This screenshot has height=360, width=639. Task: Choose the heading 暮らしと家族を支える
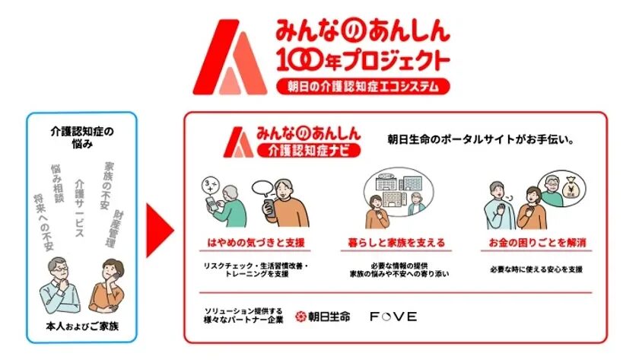coord(393,244)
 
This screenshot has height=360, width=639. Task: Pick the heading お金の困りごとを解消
coord(537,244)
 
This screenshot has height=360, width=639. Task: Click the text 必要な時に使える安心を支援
coord(537,269)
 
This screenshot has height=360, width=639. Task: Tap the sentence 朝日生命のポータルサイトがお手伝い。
coord(479,140)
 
